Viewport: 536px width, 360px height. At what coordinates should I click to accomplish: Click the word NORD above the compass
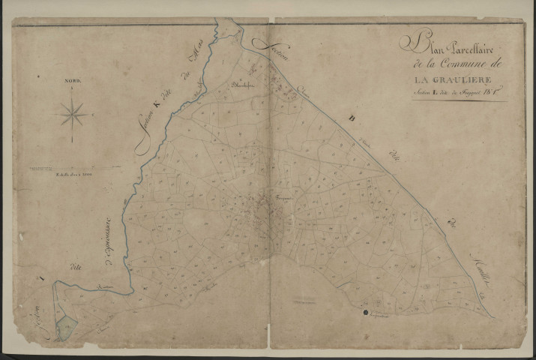(73, 79)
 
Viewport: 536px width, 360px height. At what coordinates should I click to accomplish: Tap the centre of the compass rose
(73, 115)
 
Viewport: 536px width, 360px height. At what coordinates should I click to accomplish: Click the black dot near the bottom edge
(366, 312)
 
